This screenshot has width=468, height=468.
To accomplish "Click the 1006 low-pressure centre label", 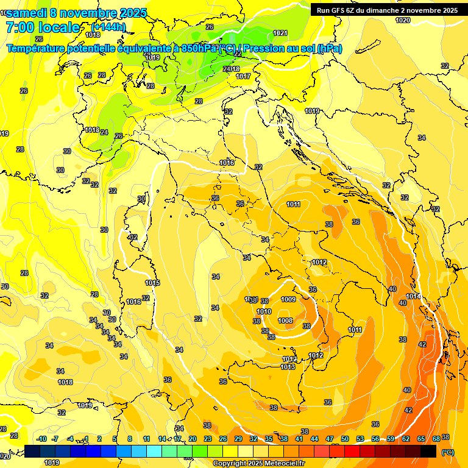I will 285,321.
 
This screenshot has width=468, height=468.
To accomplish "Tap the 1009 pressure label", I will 288,299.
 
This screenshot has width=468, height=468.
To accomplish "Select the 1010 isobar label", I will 264,311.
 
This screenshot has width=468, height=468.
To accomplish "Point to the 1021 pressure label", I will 280,33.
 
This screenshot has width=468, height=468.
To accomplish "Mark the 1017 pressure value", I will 243,76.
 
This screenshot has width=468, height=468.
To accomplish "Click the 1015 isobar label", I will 153,283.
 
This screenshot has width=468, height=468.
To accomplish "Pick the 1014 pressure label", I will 413,296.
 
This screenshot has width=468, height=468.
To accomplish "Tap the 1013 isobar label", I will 288,367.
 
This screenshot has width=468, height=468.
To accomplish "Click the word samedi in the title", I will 27,13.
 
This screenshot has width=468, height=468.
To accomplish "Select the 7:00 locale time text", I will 43,27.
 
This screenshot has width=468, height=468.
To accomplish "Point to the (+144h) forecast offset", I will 108,27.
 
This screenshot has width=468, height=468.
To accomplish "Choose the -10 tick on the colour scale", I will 41,439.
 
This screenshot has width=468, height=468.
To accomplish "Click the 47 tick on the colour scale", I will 330,439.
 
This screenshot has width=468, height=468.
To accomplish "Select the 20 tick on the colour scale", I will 192,439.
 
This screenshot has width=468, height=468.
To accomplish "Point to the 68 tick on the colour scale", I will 436,439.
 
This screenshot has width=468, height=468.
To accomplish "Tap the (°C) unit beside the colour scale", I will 447,452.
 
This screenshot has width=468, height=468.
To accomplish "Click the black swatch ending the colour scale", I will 428,451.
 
